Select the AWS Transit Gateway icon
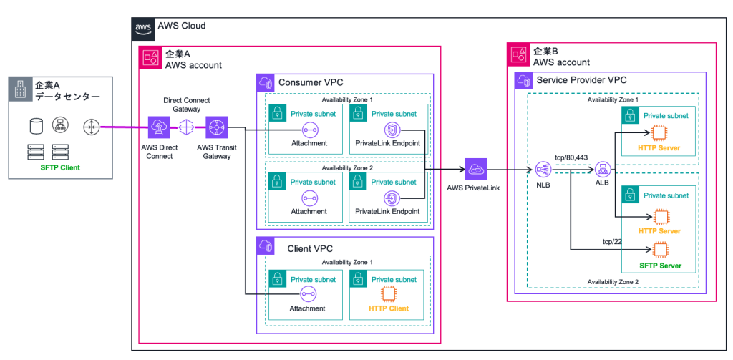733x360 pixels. tap(216, 128)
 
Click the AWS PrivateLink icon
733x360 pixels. tap(476, 170)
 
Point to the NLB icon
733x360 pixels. tap(542, 170)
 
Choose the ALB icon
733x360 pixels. tap(601, 170)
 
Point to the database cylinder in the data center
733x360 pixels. tap(33, 127)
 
